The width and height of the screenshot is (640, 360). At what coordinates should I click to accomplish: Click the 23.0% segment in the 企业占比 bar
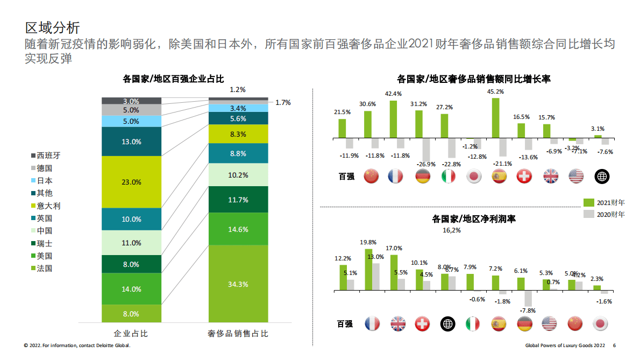(131, 182)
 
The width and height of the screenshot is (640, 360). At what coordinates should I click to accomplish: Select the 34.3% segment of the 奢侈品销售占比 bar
(238, 284)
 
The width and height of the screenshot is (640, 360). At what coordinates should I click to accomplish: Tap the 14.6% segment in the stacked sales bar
(238, 229)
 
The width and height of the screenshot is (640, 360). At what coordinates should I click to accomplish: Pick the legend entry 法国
(44, 269)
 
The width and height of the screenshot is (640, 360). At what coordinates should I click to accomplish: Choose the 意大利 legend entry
(48, 206)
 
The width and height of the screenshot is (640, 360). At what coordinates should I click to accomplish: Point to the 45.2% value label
(495, 92)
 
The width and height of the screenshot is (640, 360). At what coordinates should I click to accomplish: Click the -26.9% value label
(425, 164)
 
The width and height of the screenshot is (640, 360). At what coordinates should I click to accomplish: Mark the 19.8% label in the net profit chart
(368, 243)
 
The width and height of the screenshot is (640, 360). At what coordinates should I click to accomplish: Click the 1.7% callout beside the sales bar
(283, 102)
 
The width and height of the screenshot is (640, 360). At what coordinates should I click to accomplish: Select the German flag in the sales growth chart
(423, 176)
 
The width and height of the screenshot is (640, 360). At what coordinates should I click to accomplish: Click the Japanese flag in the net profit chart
(601, 323)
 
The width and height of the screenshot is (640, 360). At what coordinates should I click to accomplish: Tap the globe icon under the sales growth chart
(601, 176)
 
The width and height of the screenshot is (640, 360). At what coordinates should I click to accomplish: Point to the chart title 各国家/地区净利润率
(474, 219)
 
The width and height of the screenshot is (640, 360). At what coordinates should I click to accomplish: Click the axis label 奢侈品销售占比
(238, 334)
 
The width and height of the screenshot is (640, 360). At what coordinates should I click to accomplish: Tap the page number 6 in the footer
(614, 345)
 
